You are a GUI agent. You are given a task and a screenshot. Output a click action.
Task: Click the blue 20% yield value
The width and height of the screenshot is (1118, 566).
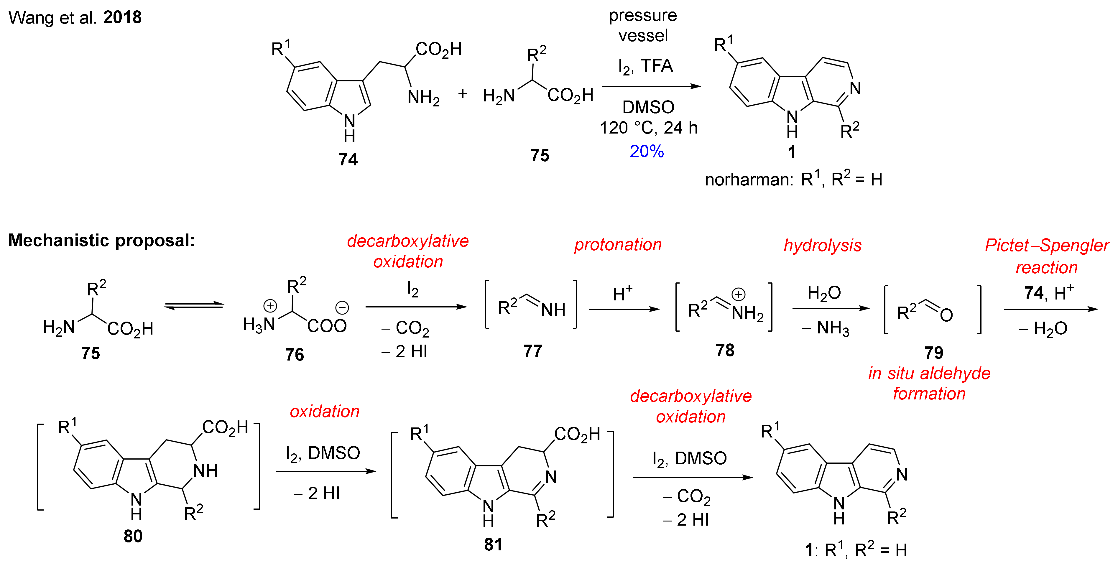coord(646,151)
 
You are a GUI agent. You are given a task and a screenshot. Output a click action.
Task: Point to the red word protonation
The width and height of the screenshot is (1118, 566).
coord(618,244)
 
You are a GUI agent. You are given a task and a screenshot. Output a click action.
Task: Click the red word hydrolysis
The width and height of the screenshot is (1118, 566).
coord(823,245)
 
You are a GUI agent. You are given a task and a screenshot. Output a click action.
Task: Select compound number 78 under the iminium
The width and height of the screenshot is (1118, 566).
coord(725,350)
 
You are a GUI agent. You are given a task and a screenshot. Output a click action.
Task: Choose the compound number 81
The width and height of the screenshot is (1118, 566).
coord(493,544)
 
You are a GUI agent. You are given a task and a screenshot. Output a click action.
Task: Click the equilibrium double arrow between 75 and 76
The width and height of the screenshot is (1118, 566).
coord(194,307)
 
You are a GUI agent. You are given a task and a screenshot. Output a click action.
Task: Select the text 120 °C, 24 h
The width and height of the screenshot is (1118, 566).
coord(648,128)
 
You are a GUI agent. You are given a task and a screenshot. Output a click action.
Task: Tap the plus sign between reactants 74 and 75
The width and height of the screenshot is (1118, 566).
coord(463,93)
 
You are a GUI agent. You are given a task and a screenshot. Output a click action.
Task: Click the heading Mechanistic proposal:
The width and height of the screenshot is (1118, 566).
coord(101,240)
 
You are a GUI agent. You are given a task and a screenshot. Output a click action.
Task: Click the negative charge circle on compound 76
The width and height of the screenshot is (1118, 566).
coord(342,308)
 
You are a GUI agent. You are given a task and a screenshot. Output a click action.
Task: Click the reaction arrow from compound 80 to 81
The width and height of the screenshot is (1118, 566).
coord(325,471)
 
